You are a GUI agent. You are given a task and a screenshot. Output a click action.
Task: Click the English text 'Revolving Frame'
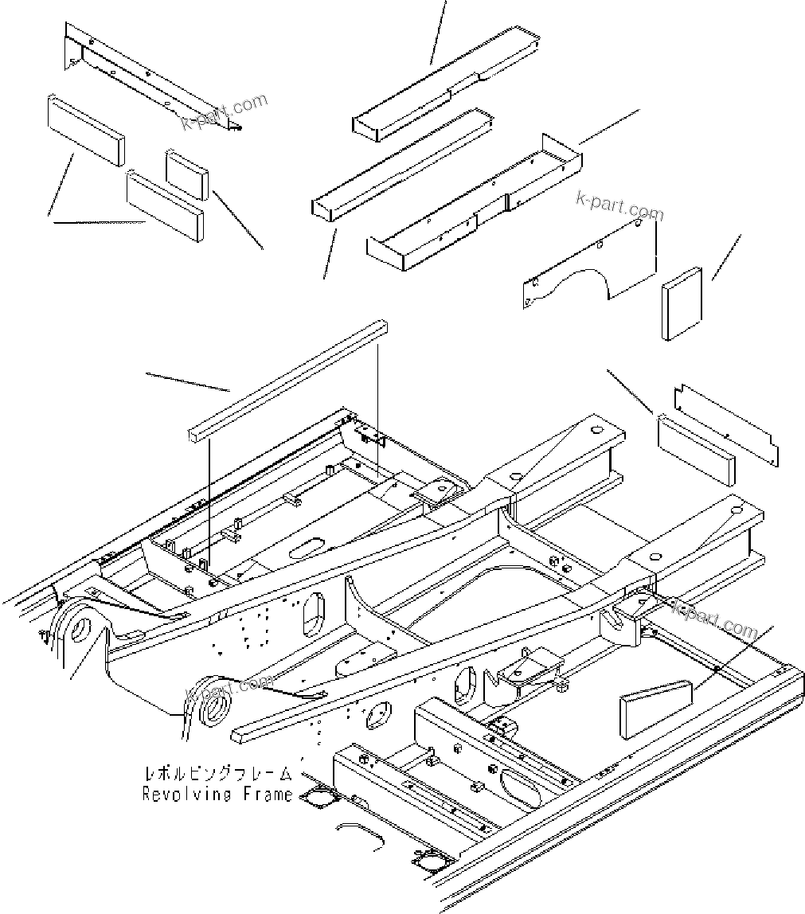pyautogui.click(x=217, y=794)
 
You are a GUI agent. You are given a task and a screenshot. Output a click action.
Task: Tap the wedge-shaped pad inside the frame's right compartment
pyautogui.click(x=655, y=705)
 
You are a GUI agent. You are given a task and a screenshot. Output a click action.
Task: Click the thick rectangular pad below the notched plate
pyautogui.click(x=696, y=448)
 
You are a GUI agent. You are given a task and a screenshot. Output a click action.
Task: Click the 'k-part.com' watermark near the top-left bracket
pyautogui.click(x=225, y=111)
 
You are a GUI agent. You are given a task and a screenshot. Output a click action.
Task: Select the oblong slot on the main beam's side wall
pyautogui.click(x=313, y=612)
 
